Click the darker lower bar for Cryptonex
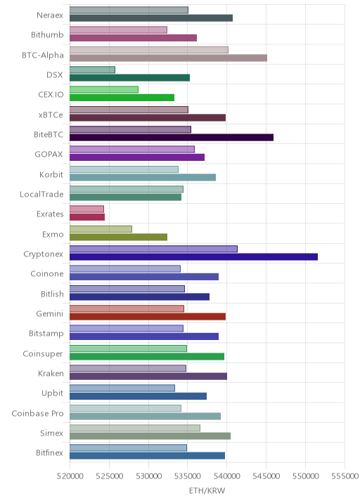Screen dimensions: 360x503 coord(193,257)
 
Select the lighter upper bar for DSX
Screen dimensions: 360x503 coord(92,70)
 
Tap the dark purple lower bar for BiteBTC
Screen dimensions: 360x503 coord(172,138)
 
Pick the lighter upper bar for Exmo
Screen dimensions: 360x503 coord(101,229)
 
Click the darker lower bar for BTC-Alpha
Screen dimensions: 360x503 coord(168,58)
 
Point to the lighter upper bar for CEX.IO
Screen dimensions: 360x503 coord(104,90)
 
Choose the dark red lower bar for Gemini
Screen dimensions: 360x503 coord(148,317)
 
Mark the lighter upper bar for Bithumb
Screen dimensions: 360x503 coord(119,30)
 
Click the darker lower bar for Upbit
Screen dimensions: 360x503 coord(138,396)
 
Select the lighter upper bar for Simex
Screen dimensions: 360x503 coord(135,429)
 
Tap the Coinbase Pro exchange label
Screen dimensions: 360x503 coord(37,414)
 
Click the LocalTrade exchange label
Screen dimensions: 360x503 coord(41,195)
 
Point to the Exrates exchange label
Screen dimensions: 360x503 coord(50,214)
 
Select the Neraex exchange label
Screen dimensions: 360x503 coord(50,15)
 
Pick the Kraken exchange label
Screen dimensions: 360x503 coord(51,374)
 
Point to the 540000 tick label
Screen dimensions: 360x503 coord(227,476)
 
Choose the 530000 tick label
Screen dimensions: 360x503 coord(148,476)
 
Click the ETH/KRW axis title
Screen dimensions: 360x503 coord(207,491)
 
